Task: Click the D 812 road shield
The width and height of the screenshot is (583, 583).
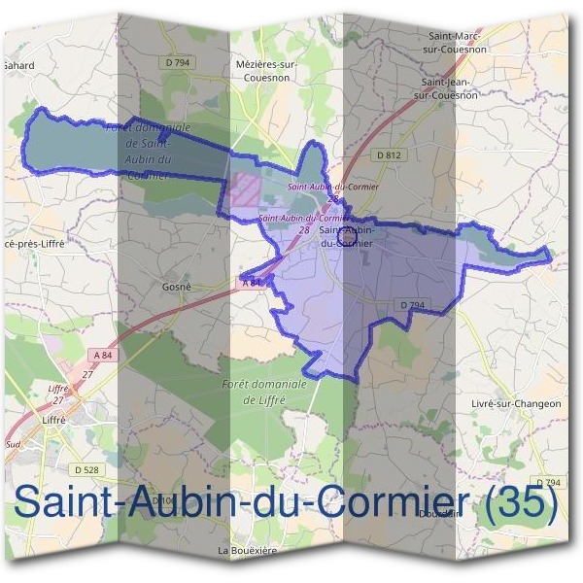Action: coord(387,154)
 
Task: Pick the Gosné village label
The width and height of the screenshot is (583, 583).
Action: coord(176,288)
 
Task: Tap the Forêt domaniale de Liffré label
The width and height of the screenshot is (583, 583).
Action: coord(264,392)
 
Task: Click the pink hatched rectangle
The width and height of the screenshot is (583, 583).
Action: coord(245,188)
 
